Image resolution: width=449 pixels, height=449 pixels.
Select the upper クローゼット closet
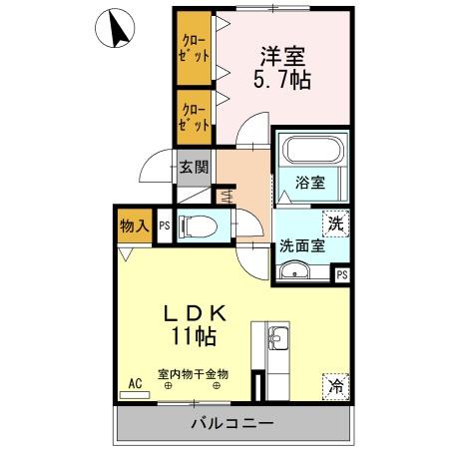point(195,48)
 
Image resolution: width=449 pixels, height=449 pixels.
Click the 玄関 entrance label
point(194,167)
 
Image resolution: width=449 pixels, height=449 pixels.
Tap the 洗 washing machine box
point(337,223)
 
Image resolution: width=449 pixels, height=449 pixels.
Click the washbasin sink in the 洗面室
point(293,271)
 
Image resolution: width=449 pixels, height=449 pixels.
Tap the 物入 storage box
point(135,226)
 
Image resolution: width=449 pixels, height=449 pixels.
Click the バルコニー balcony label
point(231,424)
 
